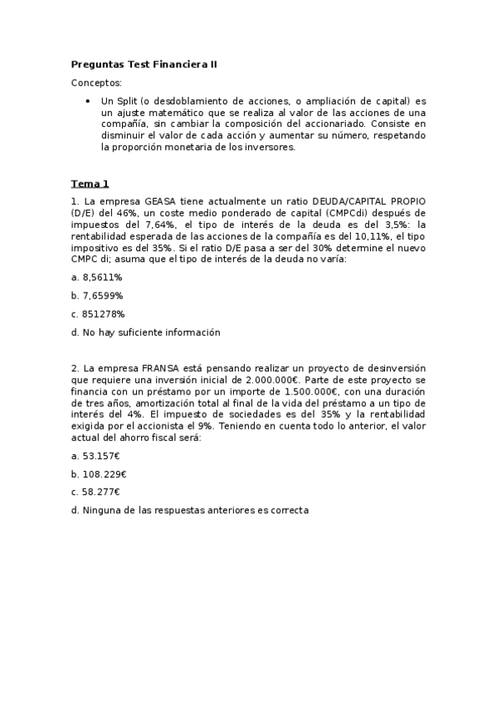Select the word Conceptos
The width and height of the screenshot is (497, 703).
tap(96, 83)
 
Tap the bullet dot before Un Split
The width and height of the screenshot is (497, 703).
tap(88, 101)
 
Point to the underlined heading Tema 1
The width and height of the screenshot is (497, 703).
tap(90, 183)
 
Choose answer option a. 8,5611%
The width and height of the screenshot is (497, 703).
tap(96, 277)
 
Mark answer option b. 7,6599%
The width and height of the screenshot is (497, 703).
tap(97, 295)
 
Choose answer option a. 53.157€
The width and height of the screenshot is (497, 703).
tap(95, 455)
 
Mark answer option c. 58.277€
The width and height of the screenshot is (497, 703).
tap(95, 492)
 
